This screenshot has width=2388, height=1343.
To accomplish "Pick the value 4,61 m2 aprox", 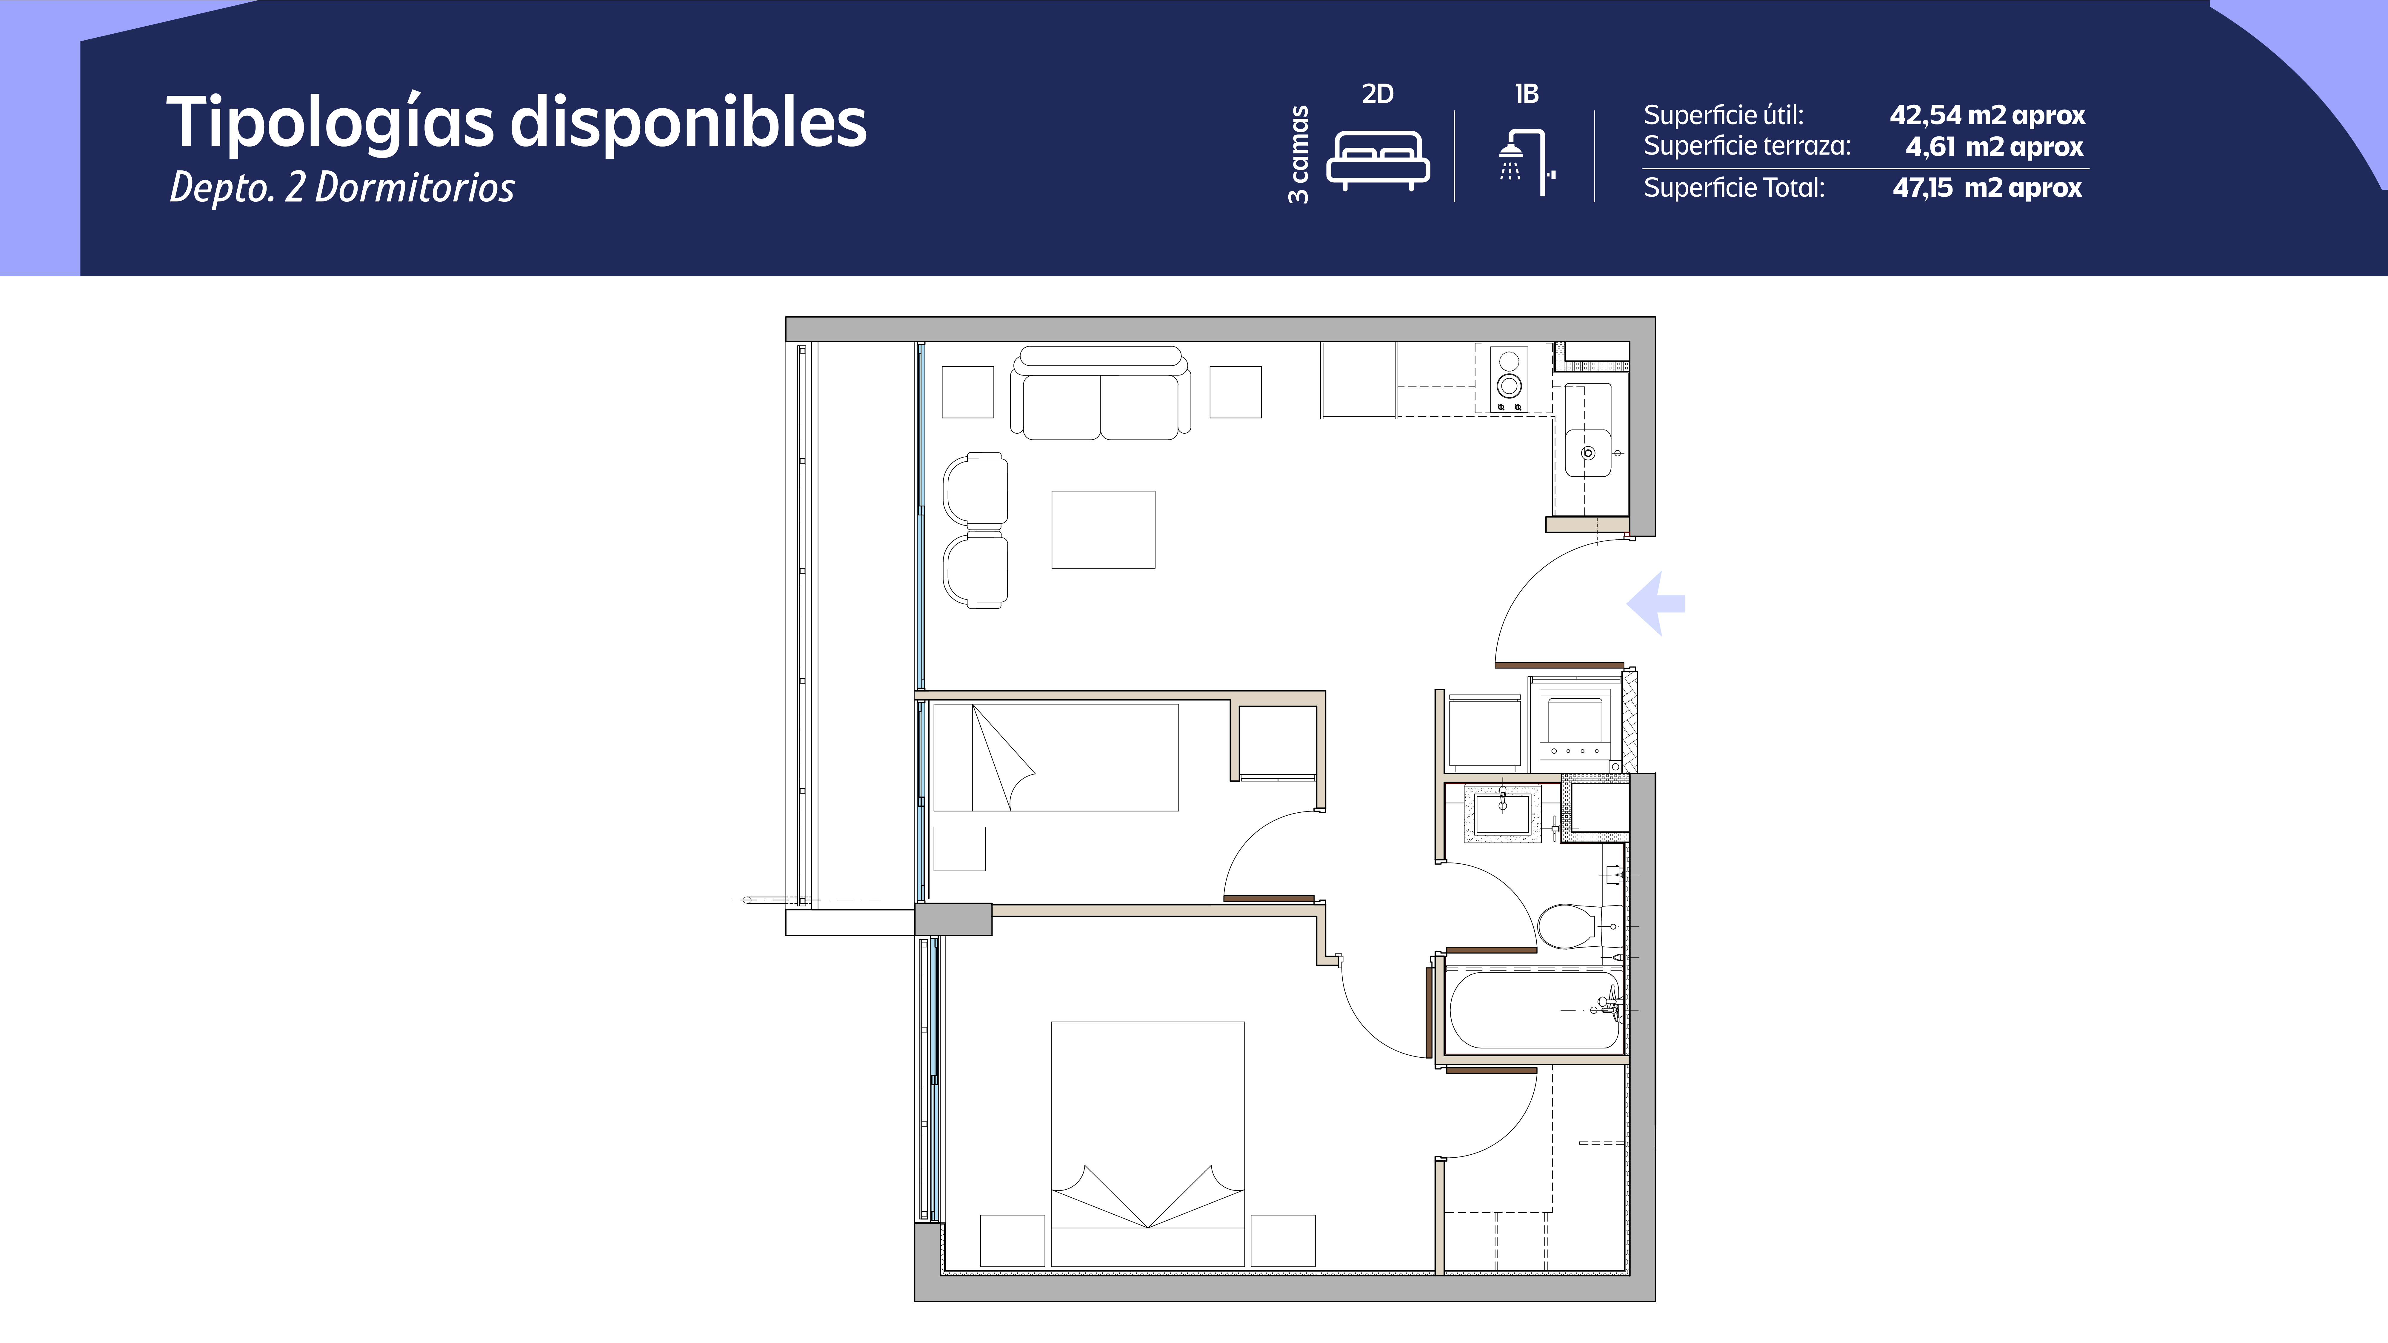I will (x=1993, y=147).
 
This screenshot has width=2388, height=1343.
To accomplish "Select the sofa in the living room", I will (x=1100, y=394).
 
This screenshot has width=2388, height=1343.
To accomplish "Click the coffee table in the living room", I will (x=1103, y=529).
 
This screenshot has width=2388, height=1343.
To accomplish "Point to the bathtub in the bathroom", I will (x=1534, y=1009).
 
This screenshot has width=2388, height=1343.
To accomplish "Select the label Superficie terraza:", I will (x=1747, y=147).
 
